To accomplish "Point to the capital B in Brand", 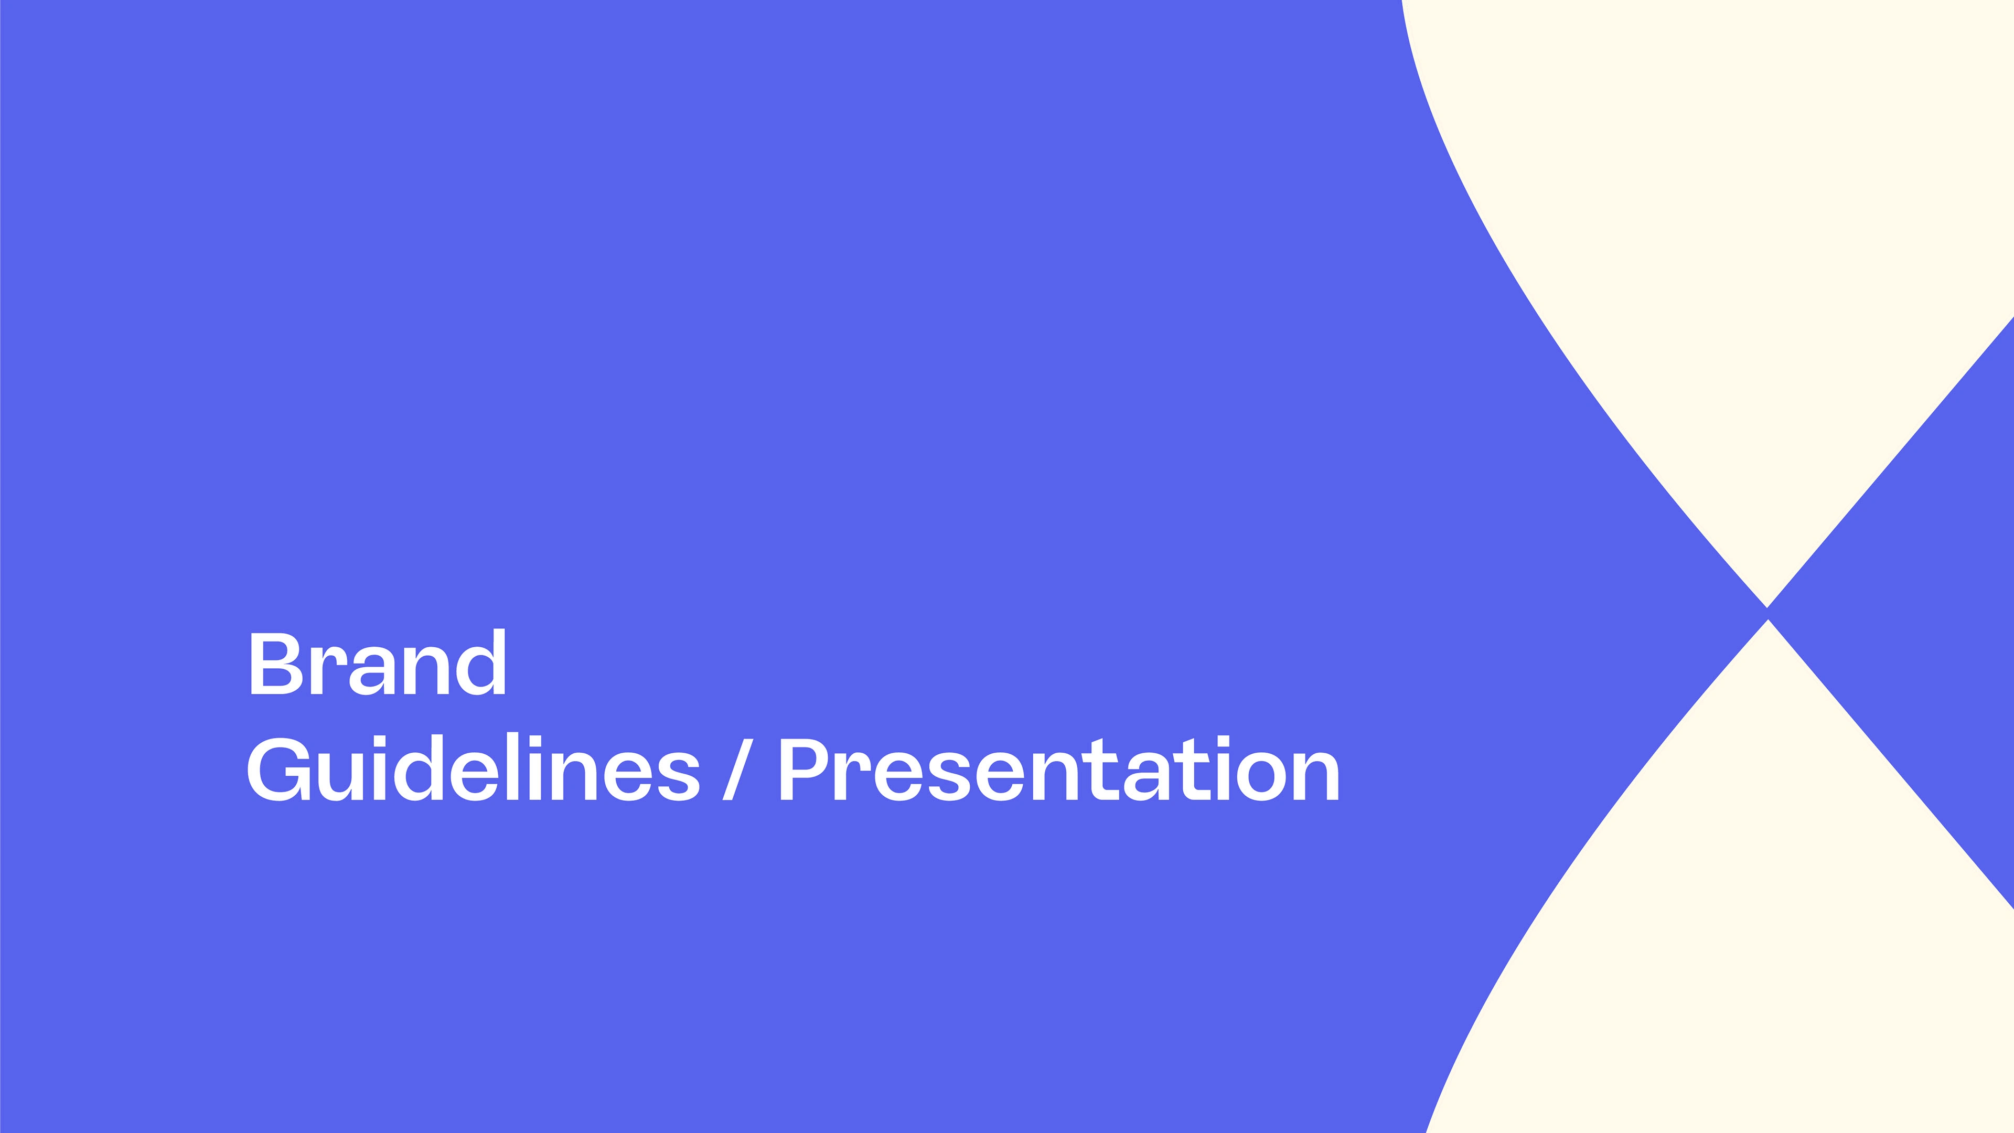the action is click(x=276, y=663).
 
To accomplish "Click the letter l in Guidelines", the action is click(x=513, y=767).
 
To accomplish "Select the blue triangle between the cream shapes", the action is click(x=1931, y=613).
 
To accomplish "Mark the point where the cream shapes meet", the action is click(x=1767, y=614).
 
